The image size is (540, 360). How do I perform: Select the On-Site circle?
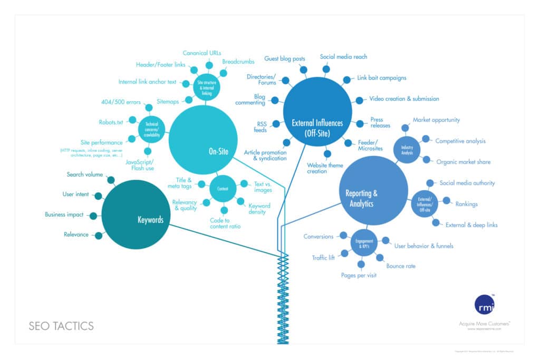pos(202,140)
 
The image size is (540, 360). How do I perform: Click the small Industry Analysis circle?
pos(407,150)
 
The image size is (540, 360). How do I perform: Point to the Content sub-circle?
pos(222,188)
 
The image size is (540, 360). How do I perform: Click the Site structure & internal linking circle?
pos(207,87)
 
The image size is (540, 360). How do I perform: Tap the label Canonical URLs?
pos(202,53)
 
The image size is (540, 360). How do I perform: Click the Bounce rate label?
pos(400,266)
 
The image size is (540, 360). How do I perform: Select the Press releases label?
pos(380,123)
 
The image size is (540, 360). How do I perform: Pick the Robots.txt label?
pos(111,122)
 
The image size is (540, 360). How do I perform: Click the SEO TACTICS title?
pos(61,326)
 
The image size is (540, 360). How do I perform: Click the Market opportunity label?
pos(436,120)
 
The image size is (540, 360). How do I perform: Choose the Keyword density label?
pos(259,209)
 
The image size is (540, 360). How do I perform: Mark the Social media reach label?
pos(343,56)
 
